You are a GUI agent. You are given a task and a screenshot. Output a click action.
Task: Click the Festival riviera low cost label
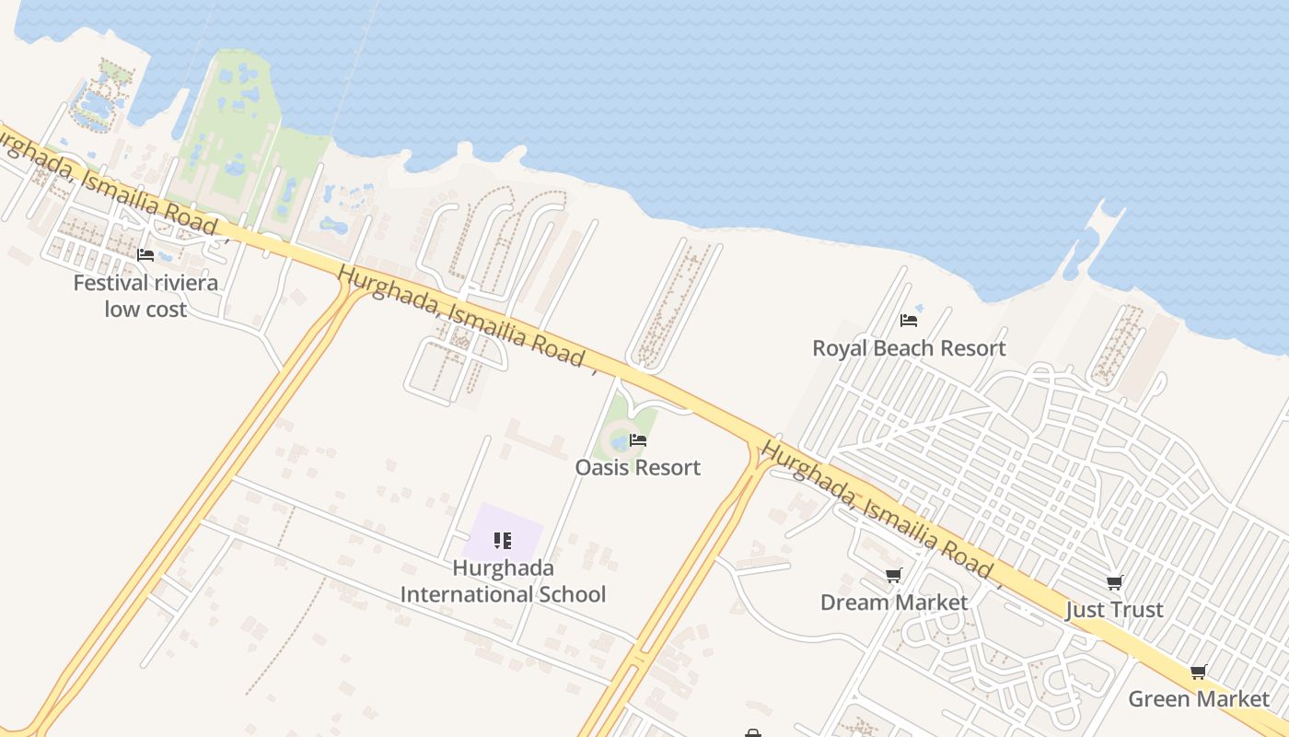(x=145, y=296)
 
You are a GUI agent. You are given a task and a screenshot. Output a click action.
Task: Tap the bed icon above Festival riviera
(x=145, y=255)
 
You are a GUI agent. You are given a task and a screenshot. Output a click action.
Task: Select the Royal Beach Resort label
(x=909, y=348)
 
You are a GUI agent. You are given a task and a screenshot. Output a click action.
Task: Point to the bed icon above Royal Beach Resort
(x=909, y=321)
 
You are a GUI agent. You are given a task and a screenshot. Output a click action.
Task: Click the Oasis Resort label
(x=638, y=467)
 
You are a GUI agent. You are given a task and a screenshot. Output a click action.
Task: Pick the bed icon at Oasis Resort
(x=638, y=440)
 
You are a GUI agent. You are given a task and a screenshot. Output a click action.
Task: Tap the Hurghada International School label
(x=503, y=581)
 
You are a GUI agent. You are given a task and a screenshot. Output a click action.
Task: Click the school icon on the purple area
(x=503, y=540)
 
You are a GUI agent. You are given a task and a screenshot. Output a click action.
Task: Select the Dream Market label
(x=894, y=602)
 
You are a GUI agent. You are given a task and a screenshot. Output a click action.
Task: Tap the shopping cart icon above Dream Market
(x=893, y=576)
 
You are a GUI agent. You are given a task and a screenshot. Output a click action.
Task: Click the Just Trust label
(x=1114, y=610)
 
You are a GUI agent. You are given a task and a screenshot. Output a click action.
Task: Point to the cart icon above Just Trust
(x=1114, y=583)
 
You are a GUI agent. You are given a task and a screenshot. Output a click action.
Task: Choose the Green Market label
(x=1199, y=698)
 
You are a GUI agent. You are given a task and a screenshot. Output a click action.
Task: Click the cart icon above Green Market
(x=1199, y=672)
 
